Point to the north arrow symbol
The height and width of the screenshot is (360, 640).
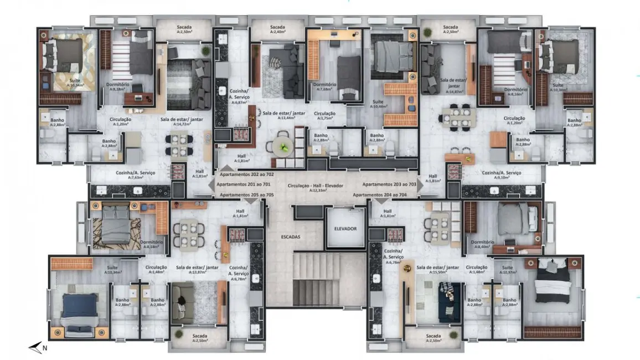[37, 348]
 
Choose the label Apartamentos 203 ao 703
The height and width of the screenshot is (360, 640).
[389, 184]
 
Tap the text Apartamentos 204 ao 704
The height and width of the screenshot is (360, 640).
[380, 195]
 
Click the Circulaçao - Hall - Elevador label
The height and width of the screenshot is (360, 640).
[316, 187]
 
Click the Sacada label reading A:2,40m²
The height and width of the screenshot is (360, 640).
[277, 29]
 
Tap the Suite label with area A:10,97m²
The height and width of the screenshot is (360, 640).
[508, 270]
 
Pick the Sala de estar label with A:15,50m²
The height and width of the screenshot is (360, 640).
[437, 270]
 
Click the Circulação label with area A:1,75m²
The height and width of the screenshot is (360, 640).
[326, 115]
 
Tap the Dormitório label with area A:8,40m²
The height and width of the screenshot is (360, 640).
[482, 245]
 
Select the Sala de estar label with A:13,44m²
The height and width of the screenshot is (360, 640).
[283, 115]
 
